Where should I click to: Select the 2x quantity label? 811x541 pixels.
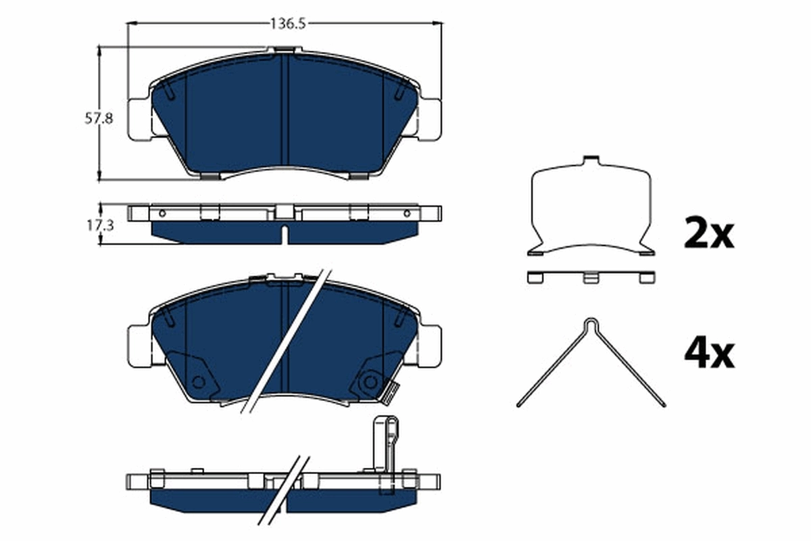pyautogui.click(x=708, y=233)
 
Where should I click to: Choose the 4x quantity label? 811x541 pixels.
pyautogui.click(x=708, y=353)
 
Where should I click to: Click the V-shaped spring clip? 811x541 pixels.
pyautogui.click(x=591, y=362)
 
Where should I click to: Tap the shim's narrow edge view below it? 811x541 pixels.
pyautogui.click(x=591, y=277)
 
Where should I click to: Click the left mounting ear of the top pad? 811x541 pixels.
pyautogui.click(x=138, y=119)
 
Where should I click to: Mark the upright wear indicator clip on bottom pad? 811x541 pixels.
pyautogui.click(x=384, y=443)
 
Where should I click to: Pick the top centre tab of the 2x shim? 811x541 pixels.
pyautogui.click(x=591, y=162)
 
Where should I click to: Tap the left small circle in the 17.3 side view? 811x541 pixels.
pyautogui.click(x=162, y=214)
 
